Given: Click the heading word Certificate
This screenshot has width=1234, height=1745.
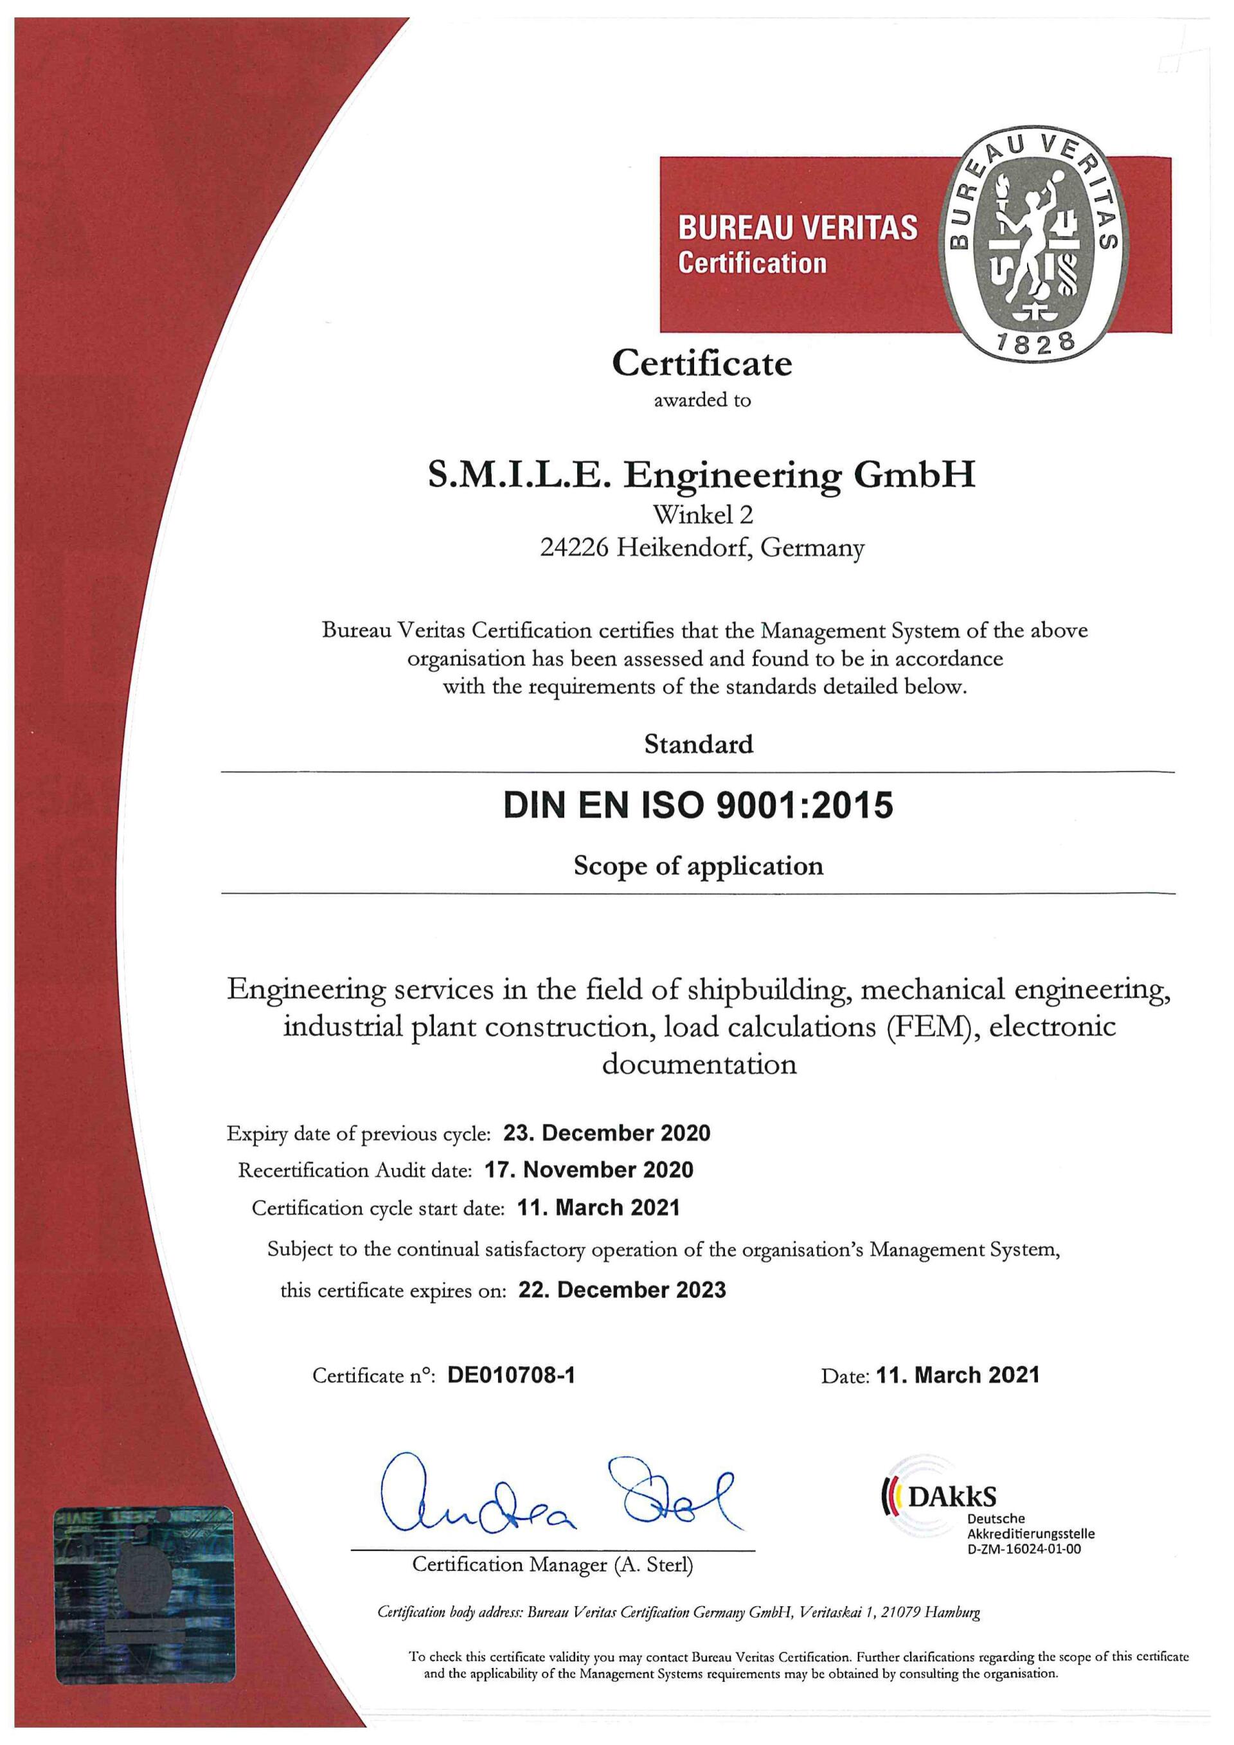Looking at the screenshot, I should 701,363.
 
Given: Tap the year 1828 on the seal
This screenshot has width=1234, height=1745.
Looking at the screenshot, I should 1035,342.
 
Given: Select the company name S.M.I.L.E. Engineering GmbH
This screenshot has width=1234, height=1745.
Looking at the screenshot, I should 701,476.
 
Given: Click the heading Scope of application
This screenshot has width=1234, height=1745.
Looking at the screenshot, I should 699,866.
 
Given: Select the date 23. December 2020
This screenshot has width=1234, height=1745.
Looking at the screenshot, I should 606,1133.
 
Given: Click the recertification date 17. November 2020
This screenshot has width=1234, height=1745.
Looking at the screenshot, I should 589,1170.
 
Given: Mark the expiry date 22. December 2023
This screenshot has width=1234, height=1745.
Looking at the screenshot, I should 621,1290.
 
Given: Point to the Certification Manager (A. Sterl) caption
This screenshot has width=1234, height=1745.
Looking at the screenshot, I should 553,1564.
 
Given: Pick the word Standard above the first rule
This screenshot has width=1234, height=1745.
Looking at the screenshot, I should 699,743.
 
